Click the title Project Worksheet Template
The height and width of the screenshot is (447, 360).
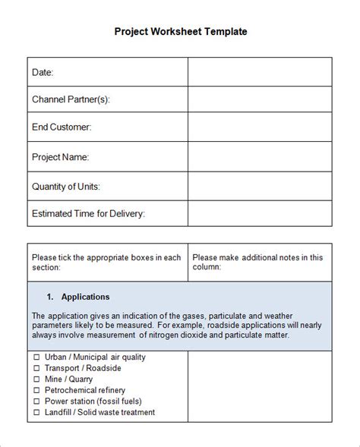tap(181, 32)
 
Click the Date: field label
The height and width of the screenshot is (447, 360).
tap(43, 72)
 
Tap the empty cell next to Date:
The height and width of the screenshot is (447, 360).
tap(260, 72)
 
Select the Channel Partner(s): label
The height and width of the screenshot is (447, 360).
tap(71, 99)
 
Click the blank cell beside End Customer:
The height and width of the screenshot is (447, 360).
tap(260, 127)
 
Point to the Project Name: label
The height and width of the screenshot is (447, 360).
tap(61, 157)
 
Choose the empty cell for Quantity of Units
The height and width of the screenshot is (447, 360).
tap(260, 186)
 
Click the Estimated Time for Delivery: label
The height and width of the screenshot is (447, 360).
tap(89, 214)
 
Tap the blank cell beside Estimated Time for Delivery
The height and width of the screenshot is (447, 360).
tap(260, 214)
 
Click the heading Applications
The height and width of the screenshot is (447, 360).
tap(85, 297)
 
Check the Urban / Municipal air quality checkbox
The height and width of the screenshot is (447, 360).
tap(36, 357)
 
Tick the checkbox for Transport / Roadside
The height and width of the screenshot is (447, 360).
tap(36, 368)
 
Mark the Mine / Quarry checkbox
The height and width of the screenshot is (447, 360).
tap(36, 379)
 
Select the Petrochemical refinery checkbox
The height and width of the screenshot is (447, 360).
tap(36, 391)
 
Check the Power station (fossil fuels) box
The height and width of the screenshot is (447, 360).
tap(36, 401)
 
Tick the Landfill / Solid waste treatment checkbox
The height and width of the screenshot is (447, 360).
tap(36, 413)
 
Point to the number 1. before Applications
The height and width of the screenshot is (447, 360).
tap(50, 297)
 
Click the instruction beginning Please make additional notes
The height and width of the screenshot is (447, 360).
tap(257, 262)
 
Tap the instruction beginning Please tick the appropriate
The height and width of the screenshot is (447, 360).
tap(106, 262)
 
